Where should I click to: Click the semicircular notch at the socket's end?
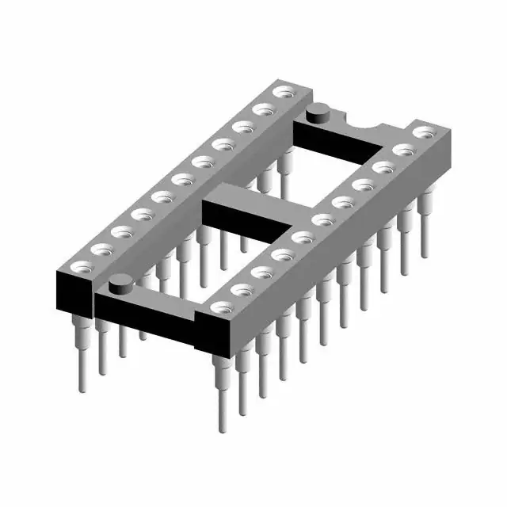click(x=369, y=125)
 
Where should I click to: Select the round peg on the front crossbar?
click(x=120, y=282)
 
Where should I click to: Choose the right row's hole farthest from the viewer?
click(x=423, y=131)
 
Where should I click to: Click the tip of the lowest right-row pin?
click(x=222, y=428)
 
